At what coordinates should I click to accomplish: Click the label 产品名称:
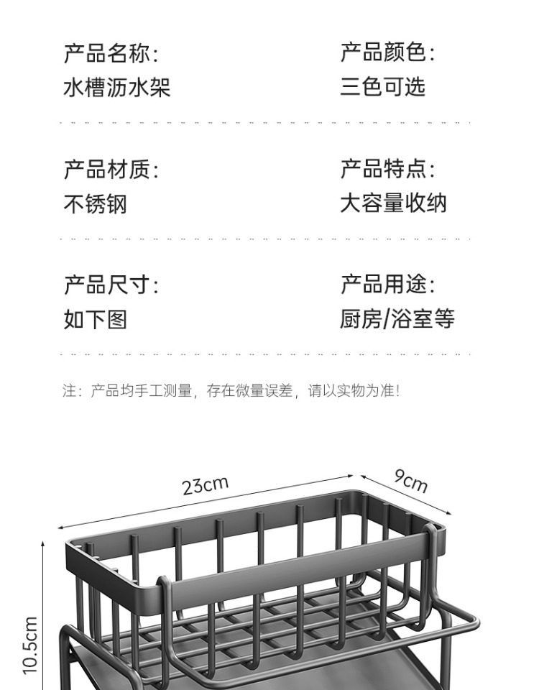pyautogui.click(x=111, y=53)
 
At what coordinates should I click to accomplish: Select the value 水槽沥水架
pyautogui.click(x=116, y=88)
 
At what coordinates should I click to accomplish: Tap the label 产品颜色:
pyautogui.click(x=387, y=52)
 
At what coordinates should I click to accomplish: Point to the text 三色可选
pyautogui.click(x=382, y=87)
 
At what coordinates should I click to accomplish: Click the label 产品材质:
pyautogui.click(x=111, y=170)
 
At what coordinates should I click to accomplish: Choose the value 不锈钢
pyautogui.click(x=95, y=205)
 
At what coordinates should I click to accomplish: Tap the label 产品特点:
pyautogui.click(x=387, y=170)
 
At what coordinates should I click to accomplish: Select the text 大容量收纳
pyautogui.click(x=393, y=203)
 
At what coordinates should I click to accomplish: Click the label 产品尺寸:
pyautogui.click(x=111, y=285)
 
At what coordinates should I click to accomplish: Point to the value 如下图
pyautogui.click(x=95, y=320)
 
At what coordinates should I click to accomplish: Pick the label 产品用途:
pyautogui.click(x=387, y=285)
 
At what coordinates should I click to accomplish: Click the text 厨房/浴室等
pyautogui.click(x=397, y=319)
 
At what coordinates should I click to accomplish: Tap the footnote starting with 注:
pyautogui.click(x=230, y=391)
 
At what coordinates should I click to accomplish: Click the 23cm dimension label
pyautogui.click(x=205, y=486)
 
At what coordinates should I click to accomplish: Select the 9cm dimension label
pyautogui.click(x=410, y=480)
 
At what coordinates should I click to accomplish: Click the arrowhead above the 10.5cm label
pyautogui.click(x=43, y=543)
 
